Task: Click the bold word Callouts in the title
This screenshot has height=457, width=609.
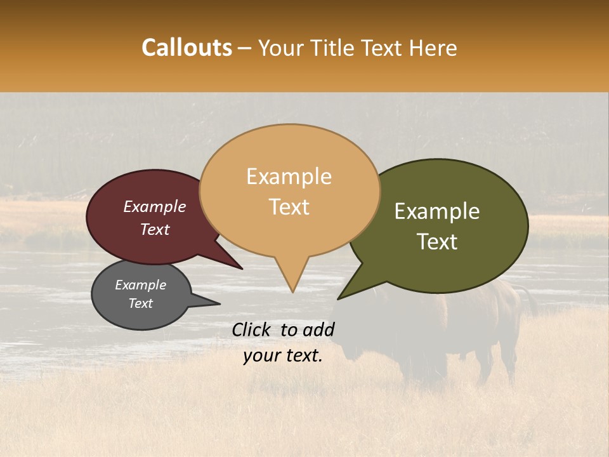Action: [x=187, y=48]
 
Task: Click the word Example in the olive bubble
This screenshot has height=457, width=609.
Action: [x=437, y=211]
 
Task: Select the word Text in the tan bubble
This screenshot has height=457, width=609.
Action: [x=289, y=207]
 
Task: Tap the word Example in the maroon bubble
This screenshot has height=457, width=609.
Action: [x=155, y=206]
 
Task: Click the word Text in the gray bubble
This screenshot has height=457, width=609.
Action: [x=141, y=303]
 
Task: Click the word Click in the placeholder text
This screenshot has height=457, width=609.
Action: [x=251, y=329]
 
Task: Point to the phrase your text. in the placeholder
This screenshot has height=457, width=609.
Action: [x=283, y=355]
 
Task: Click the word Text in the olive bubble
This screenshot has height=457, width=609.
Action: [x=438, y=242]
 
